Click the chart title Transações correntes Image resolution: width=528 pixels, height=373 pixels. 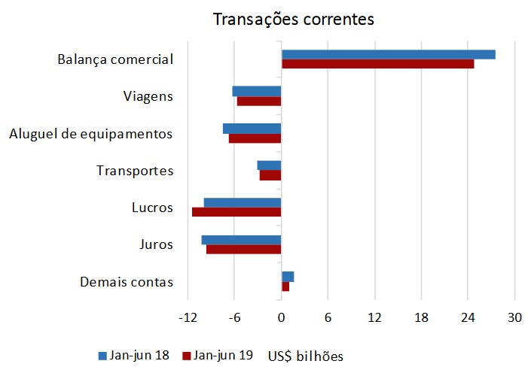pyautogui.click(x=293, y=19)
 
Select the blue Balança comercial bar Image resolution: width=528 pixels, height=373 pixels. pyautogui.click(x=388, y=54)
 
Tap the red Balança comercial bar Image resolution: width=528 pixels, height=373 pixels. pyautogui.click(x=377, y=64)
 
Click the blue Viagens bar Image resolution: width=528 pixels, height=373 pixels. pyautogui.click(x=257, y=91)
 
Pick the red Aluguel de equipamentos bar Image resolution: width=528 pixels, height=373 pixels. pyautogui.click(x=255, y=138)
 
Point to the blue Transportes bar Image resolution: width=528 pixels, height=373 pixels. pyautogui.click(x=269, y=165)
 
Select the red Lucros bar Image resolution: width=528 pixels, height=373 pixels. pyautogui.click(x=237, y=212)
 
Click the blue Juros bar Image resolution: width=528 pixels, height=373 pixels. pyautogui.click(x=241, y=240)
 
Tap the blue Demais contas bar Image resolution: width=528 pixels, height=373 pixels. pyautogui.click(x=288, y=277)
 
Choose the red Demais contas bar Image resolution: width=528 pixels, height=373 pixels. pyautogui.click(x=285, y=287)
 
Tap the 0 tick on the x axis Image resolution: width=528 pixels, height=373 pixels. pyautogui.click(x=281, y=318)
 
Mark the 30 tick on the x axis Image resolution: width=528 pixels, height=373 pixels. pyautogui.click(x=514, y=318)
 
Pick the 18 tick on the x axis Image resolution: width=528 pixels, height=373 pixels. pyautogui.click(x=421, y=318)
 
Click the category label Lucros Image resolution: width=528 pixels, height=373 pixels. pyautogui.click(x=152, y=208)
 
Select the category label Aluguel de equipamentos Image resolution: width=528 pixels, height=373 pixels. pyautogui.click(x=91, y=134)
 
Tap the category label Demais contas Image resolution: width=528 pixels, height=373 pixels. pyautogui.click(x=127, y=282)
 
